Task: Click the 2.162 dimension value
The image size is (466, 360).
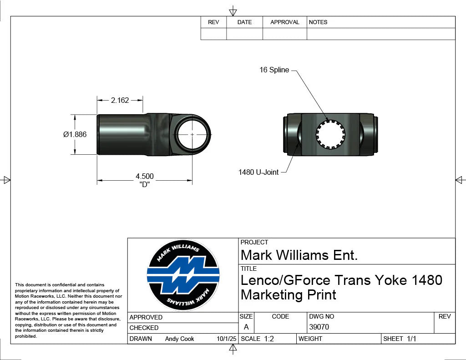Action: click(x=120, y=100)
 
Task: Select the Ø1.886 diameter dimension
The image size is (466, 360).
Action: click(x=75, y=134)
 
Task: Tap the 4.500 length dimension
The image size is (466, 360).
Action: click(x=145, y=177)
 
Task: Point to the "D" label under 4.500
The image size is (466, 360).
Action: click(x=145, y=184)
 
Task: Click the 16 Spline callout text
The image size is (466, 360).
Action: click(x=274, y=70)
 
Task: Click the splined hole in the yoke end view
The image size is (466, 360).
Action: click(x=331, y=135)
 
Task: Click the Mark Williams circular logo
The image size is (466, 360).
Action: click(x=183, y=275)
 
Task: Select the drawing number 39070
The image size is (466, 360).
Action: click(x=319, y=327)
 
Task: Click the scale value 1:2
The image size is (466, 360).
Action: click(x=269, y=339)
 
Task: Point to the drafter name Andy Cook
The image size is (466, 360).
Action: click(x=179, y=339)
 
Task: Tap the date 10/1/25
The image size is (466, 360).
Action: click(x=227, y=339)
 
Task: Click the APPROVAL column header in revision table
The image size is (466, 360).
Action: click(x=285, y=22)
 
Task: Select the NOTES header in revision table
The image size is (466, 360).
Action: click(x=318, y=22)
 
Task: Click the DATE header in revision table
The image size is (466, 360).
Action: click(x=244, y=22)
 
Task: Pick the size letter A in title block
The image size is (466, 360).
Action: click(x=246, y=327)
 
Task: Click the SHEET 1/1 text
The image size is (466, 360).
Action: click(x=400, y=339)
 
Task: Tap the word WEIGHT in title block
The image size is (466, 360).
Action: click(x=310, y=339)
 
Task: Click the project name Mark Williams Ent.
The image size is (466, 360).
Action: click(x=299, y=255)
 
